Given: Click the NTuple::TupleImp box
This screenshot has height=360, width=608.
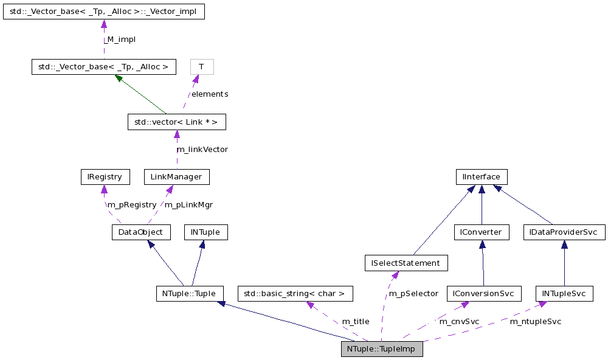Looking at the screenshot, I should click(382, 350).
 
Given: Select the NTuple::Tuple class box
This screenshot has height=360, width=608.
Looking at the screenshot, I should click(190, 294).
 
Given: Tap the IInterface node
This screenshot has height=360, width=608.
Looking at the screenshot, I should click(482, 177).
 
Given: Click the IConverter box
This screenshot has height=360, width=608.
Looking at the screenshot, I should click(482, 232).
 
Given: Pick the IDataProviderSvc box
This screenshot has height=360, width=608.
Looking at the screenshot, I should click(564, 232).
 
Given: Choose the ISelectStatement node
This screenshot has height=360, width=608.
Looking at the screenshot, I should click(406, 263).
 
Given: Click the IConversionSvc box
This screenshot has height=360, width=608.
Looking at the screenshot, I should click(483, 294).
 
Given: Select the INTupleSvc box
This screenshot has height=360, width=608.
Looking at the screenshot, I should click(564, 294).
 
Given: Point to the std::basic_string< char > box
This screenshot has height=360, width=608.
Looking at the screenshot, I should click(295, 294).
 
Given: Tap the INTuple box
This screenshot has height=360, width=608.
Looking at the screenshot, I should click(209, 232).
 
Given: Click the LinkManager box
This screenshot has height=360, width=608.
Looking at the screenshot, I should click(176, 177).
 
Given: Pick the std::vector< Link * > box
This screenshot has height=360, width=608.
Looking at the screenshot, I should click(176, 122).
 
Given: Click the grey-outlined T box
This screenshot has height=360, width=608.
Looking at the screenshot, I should click(202, 66).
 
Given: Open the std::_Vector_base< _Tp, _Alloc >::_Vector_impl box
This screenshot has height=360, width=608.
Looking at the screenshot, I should click(103, 12).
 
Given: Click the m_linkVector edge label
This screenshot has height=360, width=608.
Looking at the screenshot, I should click(202, 149).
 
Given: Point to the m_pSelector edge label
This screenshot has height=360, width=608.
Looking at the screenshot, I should click(413, 293).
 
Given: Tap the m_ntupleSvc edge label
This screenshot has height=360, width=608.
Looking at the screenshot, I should click(535, 321).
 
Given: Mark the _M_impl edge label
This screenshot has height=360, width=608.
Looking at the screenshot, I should click(119, 39).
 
